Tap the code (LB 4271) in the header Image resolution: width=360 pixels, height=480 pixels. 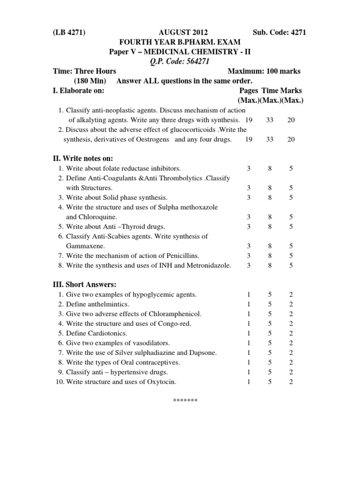[x=70, y=33]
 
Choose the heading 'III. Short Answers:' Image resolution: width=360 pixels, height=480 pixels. [x=84, y=285]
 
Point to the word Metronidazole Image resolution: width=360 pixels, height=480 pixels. [x=207, y=265]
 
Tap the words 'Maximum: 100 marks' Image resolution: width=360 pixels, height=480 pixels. [x=264, y=71]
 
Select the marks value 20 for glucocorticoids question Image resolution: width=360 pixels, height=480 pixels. [x=291, y=139]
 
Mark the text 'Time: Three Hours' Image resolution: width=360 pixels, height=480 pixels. [x=84, y=71]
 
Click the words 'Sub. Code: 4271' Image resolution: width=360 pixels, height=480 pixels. [x=279, y=33]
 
